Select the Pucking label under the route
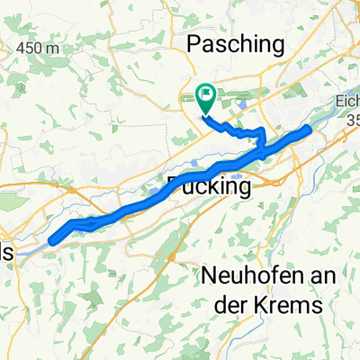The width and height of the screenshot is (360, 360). (x=209, y=187)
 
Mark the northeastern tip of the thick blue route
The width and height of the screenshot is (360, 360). (x=309, y=129)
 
